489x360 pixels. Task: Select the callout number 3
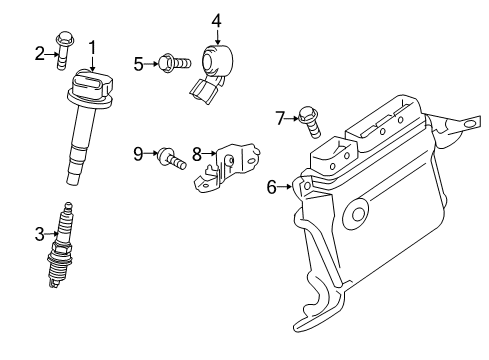coord(39,235)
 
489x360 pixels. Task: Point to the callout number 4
coord(216,19)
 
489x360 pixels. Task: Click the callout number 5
coord(139,64)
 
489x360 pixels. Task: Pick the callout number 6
coord(271,186)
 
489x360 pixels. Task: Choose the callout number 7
coord(280,118)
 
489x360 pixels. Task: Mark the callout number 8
coord(197,154)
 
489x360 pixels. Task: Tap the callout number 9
coord(139,154)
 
